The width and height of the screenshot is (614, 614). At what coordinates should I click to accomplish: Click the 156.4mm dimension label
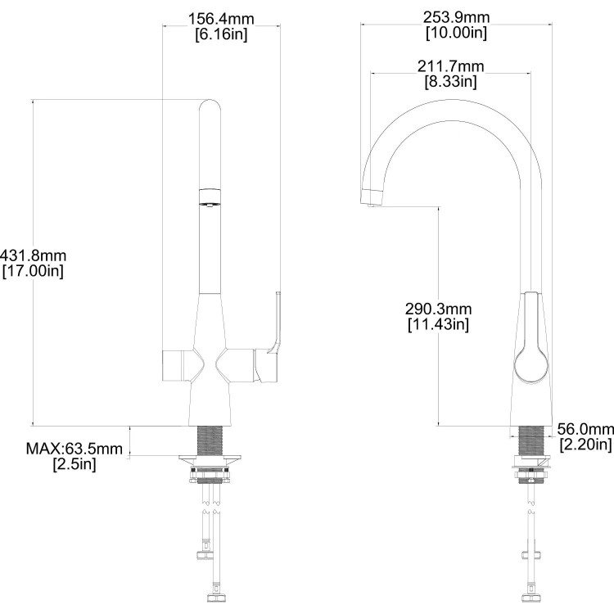221,19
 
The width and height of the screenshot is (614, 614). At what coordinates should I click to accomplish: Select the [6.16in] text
221,34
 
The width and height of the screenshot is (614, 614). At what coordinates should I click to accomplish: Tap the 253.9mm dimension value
456,17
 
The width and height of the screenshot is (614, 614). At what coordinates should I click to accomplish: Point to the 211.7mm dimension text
450,65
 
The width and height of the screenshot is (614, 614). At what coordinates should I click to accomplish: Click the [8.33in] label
450,81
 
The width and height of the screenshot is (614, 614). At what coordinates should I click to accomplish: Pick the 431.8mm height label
32,255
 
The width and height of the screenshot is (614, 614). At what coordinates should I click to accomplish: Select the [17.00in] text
32,270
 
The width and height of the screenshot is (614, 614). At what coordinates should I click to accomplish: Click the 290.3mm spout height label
438,309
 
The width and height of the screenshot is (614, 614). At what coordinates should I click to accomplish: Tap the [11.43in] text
438,325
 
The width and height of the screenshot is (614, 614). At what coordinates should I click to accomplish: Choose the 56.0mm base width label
585,429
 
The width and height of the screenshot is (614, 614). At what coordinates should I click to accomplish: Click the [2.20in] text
585,445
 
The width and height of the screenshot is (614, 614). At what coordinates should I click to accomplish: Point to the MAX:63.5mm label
74,449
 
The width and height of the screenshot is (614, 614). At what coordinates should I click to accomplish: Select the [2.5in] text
74,464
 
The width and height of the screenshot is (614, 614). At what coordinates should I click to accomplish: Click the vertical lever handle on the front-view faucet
273,327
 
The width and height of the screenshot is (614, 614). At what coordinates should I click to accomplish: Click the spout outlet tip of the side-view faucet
372,196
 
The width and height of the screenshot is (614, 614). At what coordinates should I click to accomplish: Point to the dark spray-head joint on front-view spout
210,196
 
